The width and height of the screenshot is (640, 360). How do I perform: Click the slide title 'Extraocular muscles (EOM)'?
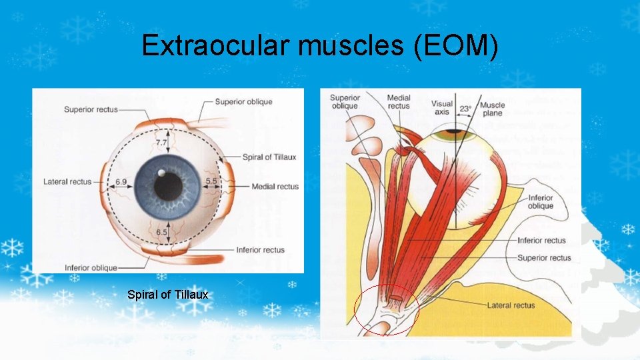coord(319,46)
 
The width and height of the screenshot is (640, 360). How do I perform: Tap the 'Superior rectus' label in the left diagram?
coord(92,109)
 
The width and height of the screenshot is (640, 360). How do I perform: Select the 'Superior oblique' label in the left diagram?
coord(243,102)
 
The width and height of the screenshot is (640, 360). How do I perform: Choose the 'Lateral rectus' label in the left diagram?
coord(67,181)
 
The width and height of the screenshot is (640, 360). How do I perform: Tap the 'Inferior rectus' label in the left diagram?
coord(260,250)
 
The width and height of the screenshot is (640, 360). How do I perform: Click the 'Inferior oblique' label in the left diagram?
coord(91,268)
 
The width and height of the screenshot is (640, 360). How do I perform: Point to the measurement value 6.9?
coord(121,181)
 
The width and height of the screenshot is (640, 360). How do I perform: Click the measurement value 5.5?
coord(212,181)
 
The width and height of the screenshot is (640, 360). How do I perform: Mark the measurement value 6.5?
coord(162,232)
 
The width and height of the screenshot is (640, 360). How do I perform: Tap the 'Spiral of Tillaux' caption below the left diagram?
coord(167,295)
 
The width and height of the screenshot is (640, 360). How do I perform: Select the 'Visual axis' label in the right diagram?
coord(441,108)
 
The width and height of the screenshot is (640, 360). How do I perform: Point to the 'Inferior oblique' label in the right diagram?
coord(540,202)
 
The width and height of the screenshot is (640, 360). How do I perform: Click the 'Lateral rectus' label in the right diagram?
coord(511,305)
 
